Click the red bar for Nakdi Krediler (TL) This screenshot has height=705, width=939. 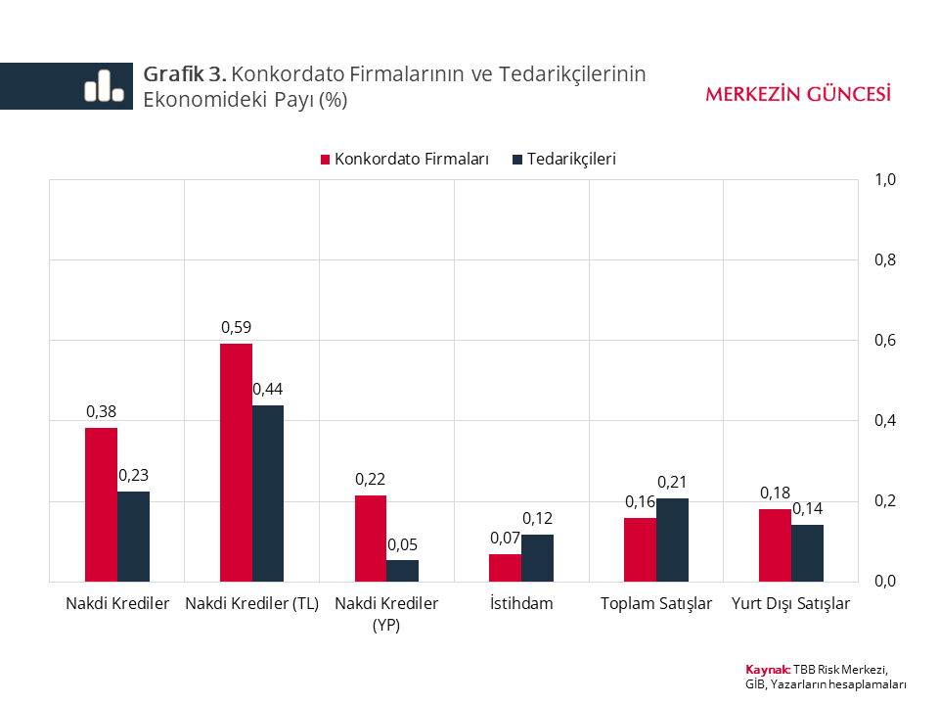236,462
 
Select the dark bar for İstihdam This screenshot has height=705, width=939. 537,558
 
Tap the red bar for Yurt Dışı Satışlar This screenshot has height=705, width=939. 775,545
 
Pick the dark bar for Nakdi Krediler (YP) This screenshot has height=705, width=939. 402,571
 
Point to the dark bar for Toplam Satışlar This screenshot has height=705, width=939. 672,540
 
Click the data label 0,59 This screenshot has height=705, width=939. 236,327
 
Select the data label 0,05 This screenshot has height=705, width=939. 402,544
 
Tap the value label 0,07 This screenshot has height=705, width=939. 505,538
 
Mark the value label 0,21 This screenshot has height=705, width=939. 672,482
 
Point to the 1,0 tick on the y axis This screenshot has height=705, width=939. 886,180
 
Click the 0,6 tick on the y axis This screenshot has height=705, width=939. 886,341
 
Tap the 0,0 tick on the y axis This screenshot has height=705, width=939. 886,582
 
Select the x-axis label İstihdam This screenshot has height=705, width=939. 521,603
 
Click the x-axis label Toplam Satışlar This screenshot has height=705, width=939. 656,603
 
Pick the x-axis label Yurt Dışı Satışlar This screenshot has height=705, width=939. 791,603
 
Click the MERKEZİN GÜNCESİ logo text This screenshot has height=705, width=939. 797,94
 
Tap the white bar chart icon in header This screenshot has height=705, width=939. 104,85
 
